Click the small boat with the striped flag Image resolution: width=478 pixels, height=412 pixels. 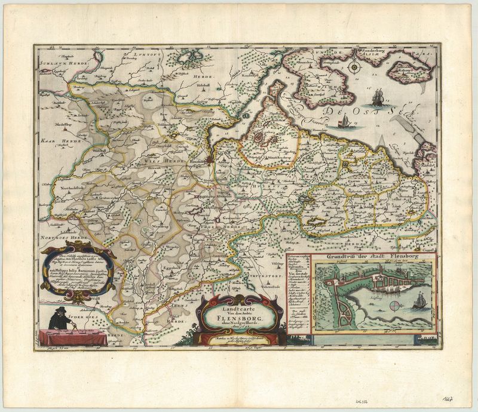(x=345, y=121)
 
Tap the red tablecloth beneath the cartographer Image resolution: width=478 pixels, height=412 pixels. (x=72, y=337)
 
